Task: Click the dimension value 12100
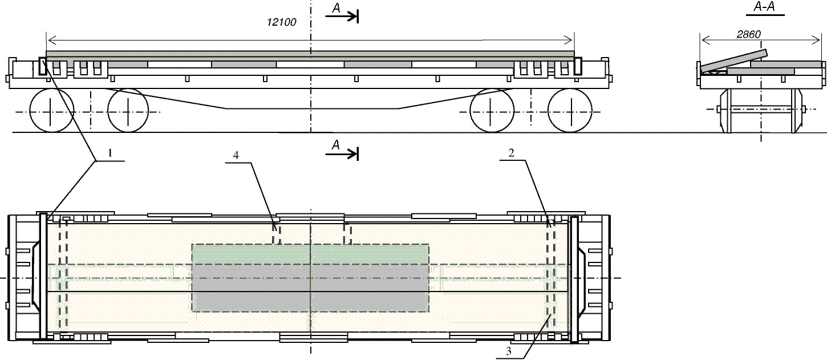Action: tap(281, 22)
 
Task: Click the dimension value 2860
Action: tap(749, 34)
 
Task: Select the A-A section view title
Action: tap(764, 7)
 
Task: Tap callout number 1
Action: tap(110, 152)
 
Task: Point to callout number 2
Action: tap(512, 152)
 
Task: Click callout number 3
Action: tap(508, 351)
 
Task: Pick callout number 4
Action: tap(236, 155)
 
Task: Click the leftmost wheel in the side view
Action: tap(52, 111)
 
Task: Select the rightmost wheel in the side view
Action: tap(570, 111)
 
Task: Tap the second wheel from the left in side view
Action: tap(128, 111)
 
